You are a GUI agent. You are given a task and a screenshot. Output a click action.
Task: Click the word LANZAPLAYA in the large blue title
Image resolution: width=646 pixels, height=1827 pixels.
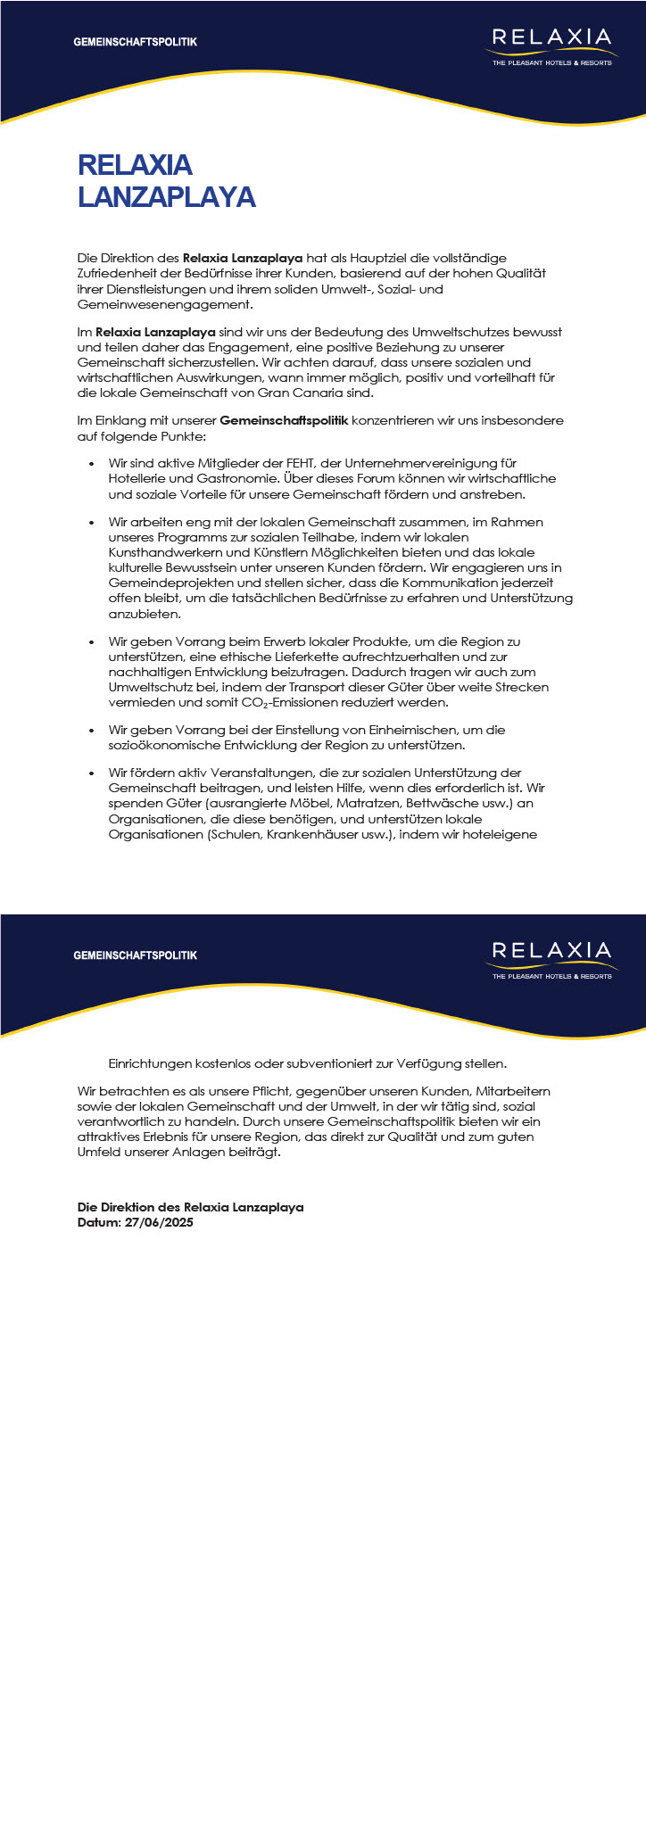pyautogui.click(x=167, y=196)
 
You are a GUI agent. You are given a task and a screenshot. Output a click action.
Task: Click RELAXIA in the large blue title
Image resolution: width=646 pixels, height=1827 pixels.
pyautogui.click(x=135, y=165)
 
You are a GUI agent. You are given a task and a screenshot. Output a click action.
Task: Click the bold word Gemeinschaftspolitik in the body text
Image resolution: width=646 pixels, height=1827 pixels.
pyautogui.click(x=284, y=420)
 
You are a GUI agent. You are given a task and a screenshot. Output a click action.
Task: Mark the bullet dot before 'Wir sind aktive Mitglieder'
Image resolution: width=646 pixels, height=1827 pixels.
pyautogui.click(x=92, y=464)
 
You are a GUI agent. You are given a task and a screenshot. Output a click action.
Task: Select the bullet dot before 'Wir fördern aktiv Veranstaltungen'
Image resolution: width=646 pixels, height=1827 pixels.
pyautogui.click(x=92, y=773)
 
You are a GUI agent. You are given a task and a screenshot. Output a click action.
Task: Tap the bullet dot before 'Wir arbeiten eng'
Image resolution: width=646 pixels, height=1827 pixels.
pyautogui.click(x=92, y=522)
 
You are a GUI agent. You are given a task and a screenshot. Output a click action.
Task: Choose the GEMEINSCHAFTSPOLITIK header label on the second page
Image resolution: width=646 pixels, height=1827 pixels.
pyautogui.click(x=136, y=955)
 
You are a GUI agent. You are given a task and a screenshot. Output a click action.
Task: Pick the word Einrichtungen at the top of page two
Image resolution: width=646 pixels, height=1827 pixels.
pyautogui.click(x=148, y=1063)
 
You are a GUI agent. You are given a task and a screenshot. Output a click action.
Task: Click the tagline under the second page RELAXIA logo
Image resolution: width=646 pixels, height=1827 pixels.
pyautogui.click(x=552, y=976)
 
